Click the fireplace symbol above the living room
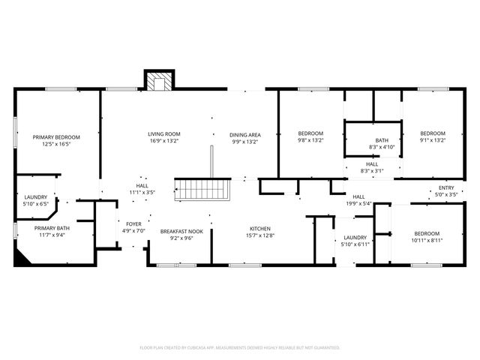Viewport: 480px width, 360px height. point(158,81)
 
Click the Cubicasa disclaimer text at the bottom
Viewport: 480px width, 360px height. point(240,347)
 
